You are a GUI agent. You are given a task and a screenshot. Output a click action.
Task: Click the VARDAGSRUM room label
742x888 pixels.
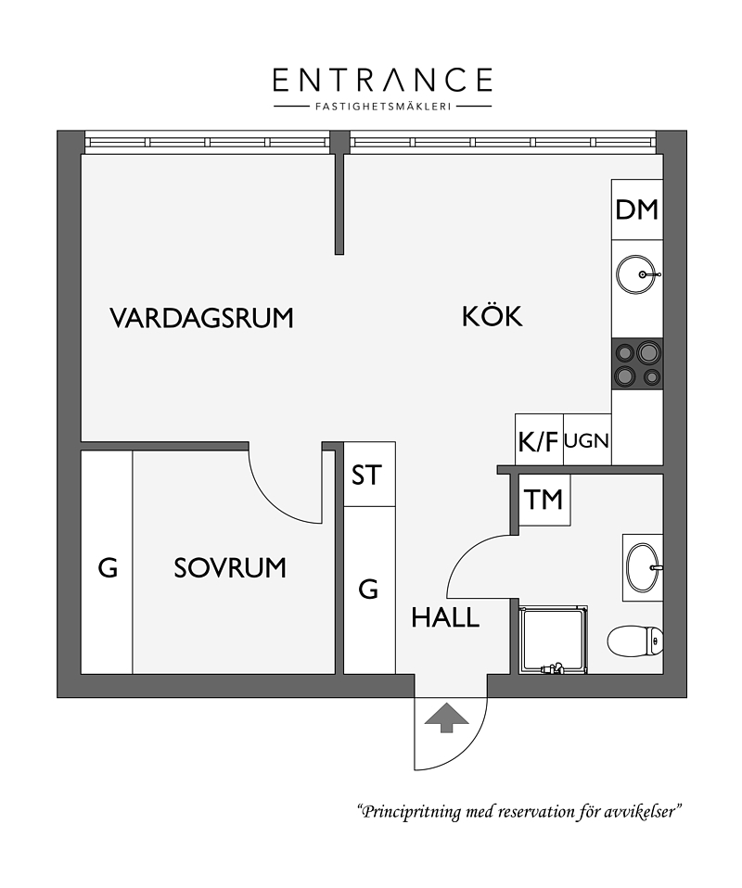[x=202, y=318]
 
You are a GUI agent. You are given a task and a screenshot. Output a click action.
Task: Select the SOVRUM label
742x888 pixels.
[x=230, y=568]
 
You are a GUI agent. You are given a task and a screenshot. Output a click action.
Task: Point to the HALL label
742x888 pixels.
[x=445, y=617]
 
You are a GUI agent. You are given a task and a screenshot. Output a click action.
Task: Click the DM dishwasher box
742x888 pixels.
[x=637, y=209]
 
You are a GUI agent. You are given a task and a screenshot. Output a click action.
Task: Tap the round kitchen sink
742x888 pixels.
[x=637, y=274]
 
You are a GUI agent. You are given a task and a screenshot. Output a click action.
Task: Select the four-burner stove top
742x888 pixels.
[x=637, y=364]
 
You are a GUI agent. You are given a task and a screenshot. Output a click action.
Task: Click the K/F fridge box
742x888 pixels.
[x=539, y=440]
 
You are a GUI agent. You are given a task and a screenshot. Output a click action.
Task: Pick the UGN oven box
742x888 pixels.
[x=587, y=440]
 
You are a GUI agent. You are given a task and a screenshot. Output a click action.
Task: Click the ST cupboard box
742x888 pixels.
[x=369, y=475]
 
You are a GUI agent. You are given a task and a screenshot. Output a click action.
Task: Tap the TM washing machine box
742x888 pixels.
[x=544, y=500]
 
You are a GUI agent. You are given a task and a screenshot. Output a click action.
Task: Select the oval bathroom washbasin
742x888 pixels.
[x=644, y=567]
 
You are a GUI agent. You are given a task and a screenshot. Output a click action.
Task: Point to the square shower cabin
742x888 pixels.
[x=553, y=640]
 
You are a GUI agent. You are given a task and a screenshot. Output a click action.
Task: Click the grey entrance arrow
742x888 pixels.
[x=447, y=717]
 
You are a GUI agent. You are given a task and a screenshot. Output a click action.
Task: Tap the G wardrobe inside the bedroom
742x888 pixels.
[x=108, y=563]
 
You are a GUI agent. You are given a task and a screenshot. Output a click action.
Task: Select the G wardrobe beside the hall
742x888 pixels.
[x=369, y=590]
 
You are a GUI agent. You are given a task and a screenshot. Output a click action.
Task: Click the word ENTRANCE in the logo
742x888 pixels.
[x=383, y=80]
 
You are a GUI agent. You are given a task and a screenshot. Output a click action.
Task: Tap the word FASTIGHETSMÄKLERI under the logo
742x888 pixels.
[x=383, y=106]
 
